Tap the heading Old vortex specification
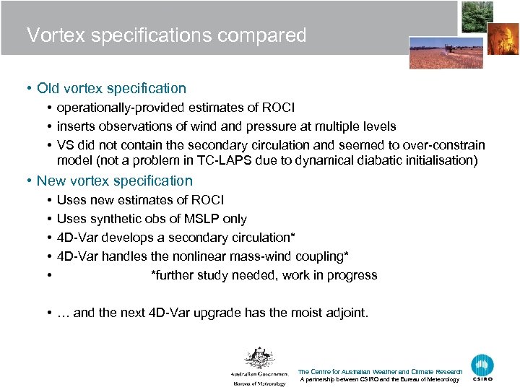pyautogui.click(x=111, y=89)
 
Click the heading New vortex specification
pyautogui.click(x=114, y=181)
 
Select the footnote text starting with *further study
pyautogui.click(x=264, y=275)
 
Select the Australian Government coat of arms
pyautogui.click(x=258, y=358)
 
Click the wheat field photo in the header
pyautogui.click(x=435, y=52)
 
